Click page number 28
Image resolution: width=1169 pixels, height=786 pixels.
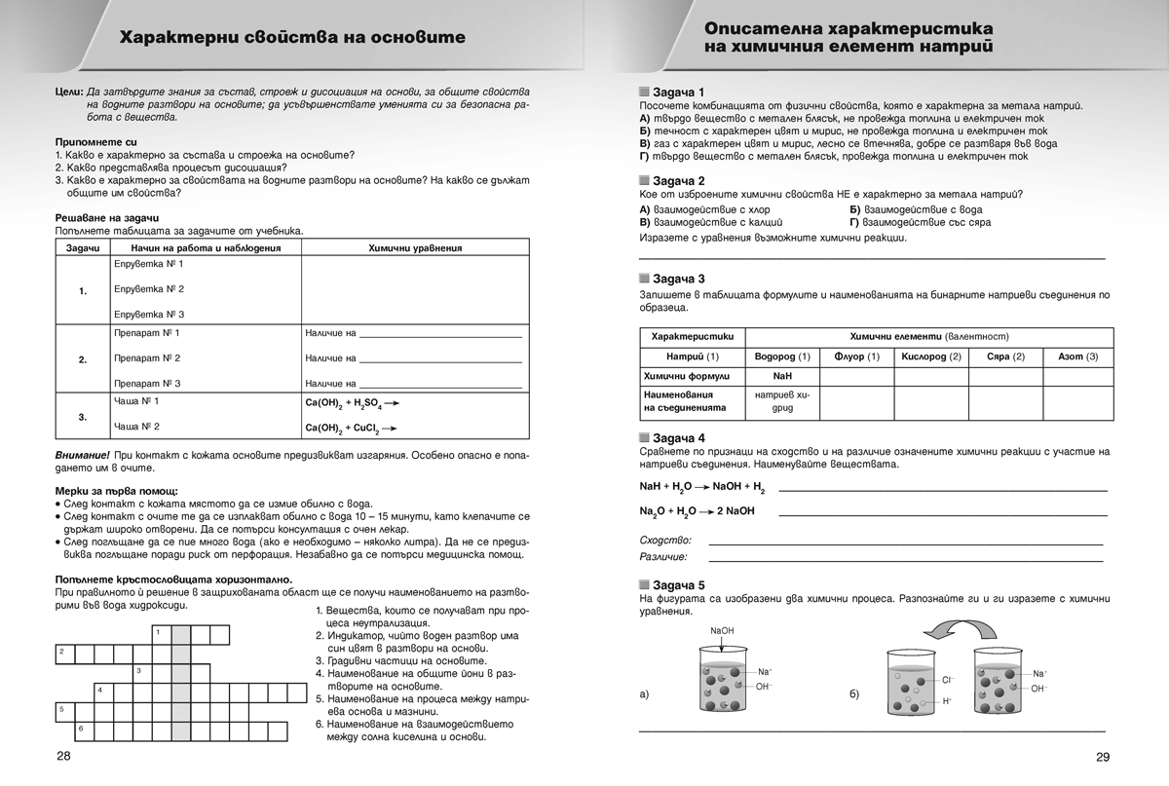(63, 757)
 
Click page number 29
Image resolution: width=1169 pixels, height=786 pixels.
(1103, 758)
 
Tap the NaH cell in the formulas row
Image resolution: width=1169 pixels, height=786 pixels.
(782, 375)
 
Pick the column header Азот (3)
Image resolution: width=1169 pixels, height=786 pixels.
(1077, 356)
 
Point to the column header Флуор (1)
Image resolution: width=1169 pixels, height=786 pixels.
(856, 356)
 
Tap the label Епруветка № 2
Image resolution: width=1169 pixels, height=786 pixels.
(148, 289)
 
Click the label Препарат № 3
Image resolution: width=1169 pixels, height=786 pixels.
(147, 384)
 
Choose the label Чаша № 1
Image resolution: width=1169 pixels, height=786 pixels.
(135, 401)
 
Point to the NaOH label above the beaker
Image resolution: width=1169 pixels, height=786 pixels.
(722, 631)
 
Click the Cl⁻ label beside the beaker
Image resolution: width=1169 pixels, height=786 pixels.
(948, 680)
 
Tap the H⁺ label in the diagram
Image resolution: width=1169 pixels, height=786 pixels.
(947, 701)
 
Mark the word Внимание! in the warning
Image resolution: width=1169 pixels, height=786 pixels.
(82, 456)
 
